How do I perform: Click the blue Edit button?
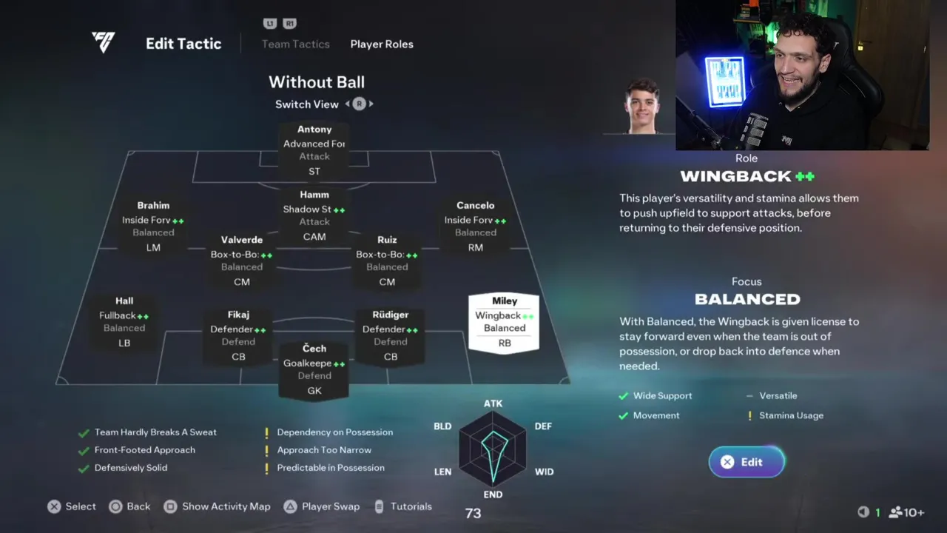tap(747, 462)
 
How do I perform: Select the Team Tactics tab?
tap(295, 44)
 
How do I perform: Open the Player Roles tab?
tap(382, 44)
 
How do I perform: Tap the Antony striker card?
tap(314, 150)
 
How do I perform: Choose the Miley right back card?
tap(504, 322)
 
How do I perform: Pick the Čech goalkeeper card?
tap(314, 369)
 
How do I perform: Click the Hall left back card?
tap(124, 322)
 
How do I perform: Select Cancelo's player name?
tap(475, 205)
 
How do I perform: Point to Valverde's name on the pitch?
tap(242, 240)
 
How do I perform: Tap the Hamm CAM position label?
tap(314, 237)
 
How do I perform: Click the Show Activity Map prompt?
tap(226, 506)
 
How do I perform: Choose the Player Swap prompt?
tap(330, 506)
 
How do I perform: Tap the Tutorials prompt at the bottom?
tap(411, 506)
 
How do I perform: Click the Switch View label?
tap(307, 104)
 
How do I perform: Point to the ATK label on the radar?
tap(493, 403)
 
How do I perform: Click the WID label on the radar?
tap(544, 472)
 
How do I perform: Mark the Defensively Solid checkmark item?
tap(130, 468)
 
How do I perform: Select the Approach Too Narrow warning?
tap(324, 450)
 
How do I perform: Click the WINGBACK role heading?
tap(736, 176)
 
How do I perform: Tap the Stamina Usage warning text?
tap(791, 415)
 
